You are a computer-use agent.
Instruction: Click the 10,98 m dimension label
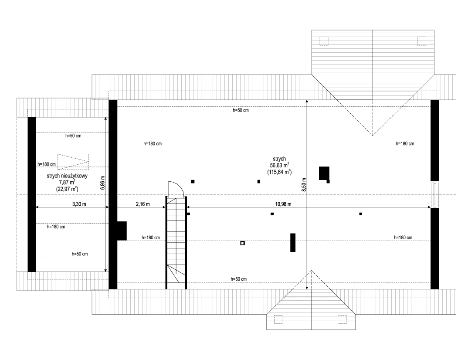click(283, 204)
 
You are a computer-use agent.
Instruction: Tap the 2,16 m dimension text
click(142, 204)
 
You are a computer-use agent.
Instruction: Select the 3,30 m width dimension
click(79, 204)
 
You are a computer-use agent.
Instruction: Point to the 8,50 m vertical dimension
click(304, 184)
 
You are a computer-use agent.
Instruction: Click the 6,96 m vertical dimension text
click(103, 183)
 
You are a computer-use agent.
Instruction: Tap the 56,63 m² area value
click(279, 165)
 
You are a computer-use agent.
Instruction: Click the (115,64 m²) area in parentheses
click(279, 172)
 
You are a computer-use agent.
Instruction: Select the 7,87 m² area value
click(67, 182)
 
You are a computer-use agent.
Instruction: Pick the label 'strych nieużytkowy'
click(67, 176)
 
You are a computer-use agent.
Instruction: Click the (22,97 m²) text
click(67, 189)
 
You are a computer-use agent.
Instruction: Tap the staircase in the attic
click(176, 243)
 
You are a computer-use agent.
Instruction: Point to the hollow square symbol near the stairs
click(242, 243)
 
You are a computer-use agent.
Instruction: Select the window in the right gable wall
click(435, 194)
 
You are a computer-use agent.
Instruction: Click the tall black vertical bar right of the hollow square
click(293, 242)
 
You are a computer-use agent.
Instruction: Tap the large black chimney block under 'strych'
click(324, 173)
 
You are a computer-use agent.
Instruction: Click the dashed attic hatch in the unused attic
click(73, 162)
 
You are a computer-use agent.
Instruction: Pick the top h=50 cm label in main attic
click(241, 110)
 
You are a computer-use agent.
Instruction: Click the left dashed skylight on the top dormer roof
click(324, 41)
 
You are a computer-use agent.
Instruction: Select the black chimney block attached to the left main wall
click(122, 231)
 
